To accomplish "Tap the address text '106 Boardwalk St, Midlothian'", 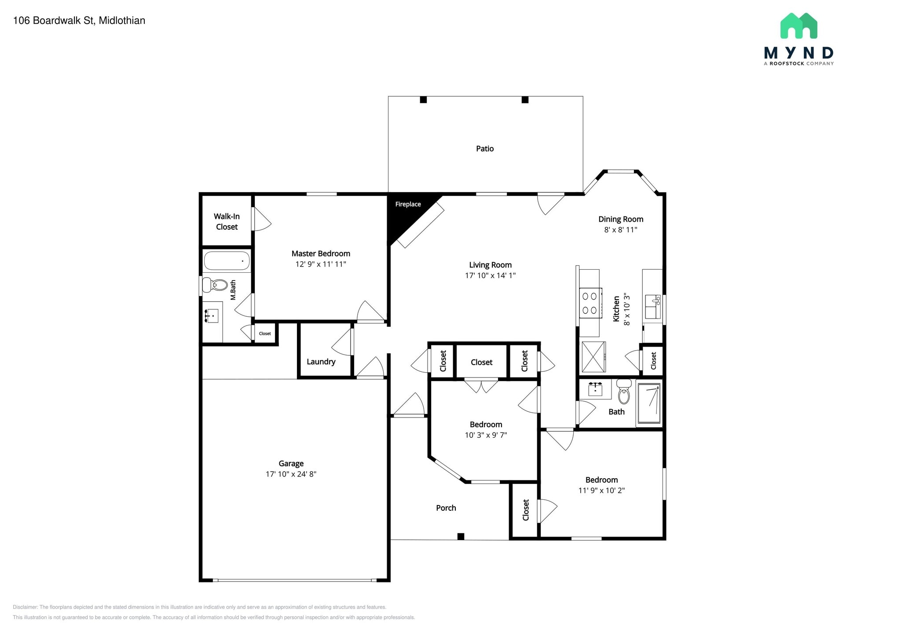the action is coord(79,21).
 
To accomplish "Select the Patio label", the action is coord(485,149).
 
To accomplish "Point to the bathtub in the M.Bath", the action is coord(227,260).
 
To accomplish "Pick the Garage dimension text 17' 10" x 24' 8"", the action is coord(291,474).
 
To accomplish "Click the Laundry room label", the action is coord(321,362).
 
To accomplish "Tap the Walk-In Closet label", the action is coord(227,222).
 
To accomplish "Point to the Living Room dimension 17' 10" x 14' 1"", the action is coord(491,275).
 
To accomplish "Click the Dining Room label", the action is coord(621,219).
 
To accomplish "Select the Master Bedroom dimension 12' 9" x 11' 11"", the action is coord(321,264).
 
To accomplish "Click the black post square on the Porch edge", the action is coord(461,536).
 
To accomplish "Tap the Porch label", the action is coord(446,508).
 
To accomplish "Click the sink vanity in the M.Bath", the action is coord(212,316).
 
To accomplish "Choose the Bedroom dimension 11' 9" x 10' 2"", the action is coord(601,491).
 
